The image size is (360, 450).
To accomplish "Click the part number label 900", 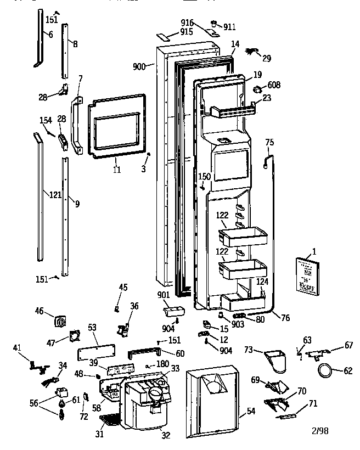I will [x=139, y=66].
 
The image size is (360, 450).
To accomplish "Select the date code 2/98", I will [x=321, y=430].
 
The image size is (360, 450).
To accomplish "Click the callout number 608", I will [x=274, y=85].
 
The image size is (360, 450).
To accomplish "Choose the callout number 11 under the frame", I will [x=116, y=169].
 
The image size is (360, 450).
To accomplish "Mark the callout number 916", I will [x=187, y=22].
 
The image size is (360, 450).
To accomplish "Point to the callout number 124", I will [x=263, y=282].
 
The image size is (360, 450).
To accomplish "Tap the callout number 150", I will [x=204, y=176].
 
